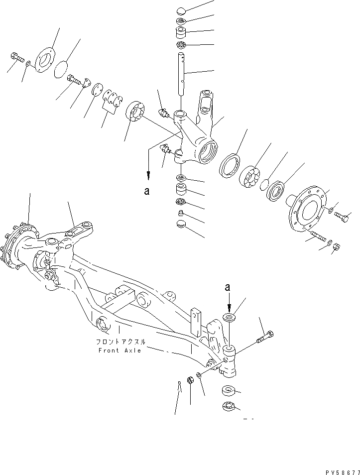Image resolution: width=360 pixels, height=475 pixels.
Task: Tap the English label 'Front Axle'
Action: click(119, 350)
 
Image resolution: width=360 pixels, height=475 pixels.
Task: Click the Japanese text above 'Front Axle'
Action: click(120, 342)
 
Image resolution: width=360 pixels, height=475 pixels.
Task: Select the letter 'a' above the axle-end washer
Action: click(228, 288)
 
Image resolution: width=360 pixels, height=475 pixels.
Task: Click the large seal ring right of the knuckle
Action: click(230, 165)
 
